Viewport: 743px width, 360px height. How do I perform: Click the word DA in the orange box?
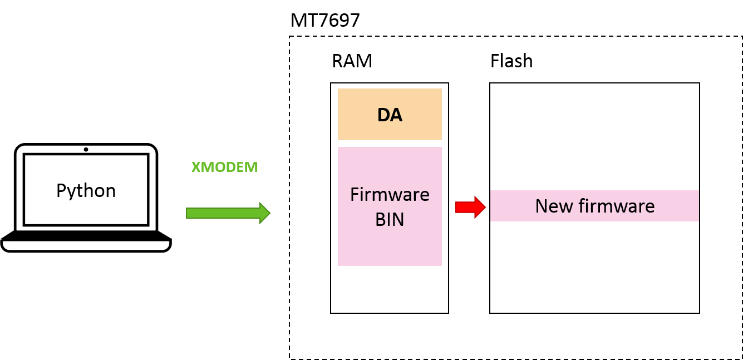click(390, 115)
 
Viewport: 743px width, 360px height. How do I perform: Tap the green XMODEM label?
click(224, 167)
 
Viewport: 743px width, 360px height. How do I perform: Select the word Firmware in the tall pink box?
click(390, 195)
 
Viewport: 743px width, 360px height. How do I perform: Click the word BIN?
click(390, 220)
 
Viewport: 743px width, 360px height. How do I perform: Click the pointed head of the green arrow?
click(265, 213)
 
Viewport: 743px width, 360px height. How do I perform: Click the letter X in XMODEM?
click(196, 167)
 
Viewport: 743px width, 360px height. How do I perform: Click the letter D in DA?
click(384, 115)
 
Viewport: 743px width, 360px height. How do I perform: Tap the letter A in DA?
click(396, 115)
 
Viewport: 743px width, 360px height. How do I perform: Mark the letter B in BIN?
click(381, 220)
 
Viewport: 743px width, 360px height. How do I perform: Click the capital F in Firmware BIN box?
click(355, 195)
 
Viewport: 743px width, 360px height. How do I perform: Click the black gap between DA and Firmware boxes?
click(390, 144)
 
